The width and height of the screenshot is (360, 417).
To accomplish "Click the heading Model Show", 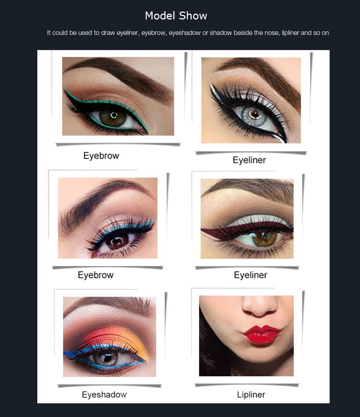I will pyautogui.click(x=176, y=16).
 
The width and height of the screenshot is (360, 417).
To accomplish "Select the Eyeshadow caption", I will pyautogui.click(x=104, y=395).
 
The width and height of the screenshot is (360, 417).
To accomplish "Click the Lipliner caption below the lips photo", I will pyautogui.click(x=251, y=395).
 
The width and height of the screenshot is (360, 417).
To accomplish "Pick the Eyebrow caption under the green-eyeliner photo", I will pyautogui.click(x=101, y=156).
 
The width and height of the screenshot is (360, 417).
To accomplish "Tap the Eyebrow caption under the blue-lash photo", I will pyautogui.click(x=96, y=275).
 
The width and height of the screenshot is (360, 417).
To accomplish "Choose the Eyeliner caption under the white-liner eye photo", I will pyautogui.click(x=249, y=160).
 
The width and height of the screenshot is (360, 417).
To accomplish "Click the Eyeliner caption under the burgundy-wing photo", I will pyautogui.click(x=251, y=275).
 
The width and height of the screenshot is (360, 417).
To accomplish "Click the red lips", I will pyautogui.click(x=262, y=335).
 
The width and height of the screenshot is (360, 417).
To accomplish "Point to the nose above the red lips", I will pyautogui.click(x=260, y=306).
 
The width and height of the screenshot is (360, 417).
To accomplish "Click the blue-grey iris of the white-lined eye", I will pyautogui.click(x=255, y=115).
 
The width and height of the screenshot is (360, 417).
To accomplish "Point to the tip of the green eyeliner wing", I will pyautogui.click(x=65, y=91).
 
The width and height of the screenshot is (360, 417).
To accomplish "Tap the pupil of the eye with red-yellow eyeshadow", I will pyautogui.click(x=107, y=357).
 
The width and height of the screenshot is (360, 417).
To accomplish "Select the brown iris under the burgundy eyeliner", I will pyautogui.click(x=265, y=238).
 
